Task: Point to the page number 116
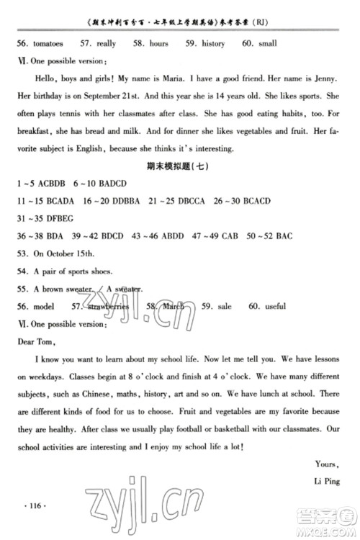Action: pyautogui.click(x=36, y=508)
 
